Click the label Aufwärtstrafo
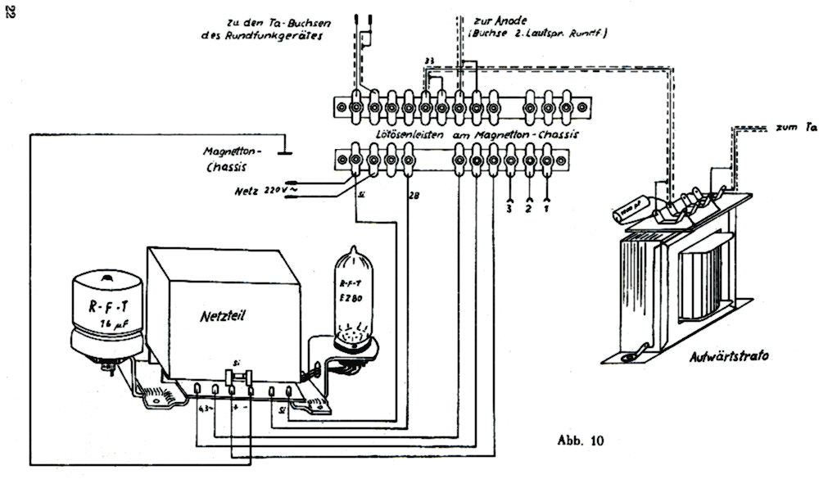[711, 357]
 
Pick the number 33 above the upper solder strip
[429, 62]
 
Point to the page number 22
[11, 15]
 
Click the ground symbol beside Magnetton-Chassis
[283, 149]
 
